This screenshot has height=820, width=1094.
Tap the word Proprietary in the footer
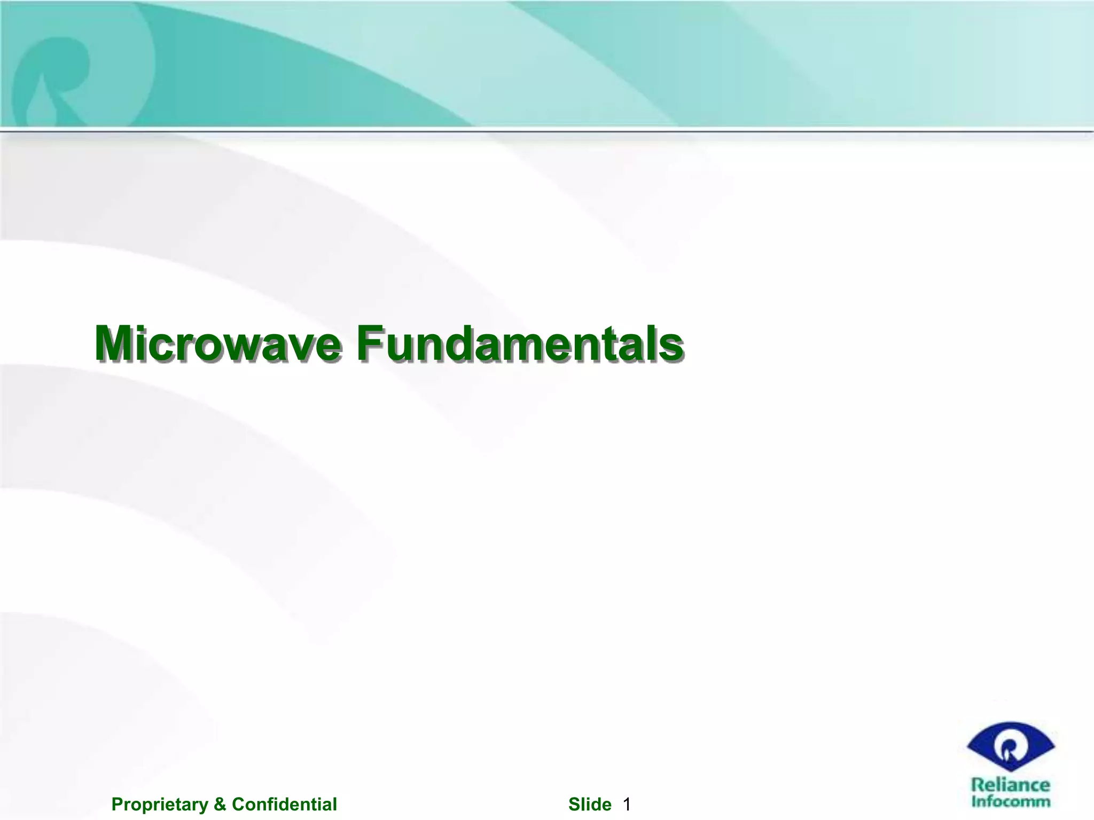[160, 804]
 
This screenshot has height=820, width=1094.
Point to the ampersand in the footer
[220, 804]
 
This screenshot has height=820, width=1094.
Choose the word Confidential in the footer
[284, 804]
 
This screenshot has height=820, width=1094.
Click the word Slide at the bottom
[590, 804]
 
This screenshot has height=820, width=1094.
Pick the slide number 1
[627, 804]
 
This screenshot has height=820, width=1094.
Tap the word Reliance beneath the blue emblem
[1010, 785]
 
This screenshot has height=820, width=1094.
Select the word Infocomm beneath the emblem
[1010, 801]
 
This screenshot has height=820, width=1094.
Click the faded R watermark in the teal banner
[53, 75]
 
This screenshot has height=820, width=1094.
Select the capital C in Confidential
[238, 804]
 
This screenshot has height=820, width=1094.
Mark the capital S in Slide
[574, 804]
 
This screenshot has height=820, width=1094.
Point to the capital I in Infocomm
[974, 801]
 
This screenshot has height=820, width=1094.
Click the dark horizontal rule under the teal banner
[547, 130]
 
